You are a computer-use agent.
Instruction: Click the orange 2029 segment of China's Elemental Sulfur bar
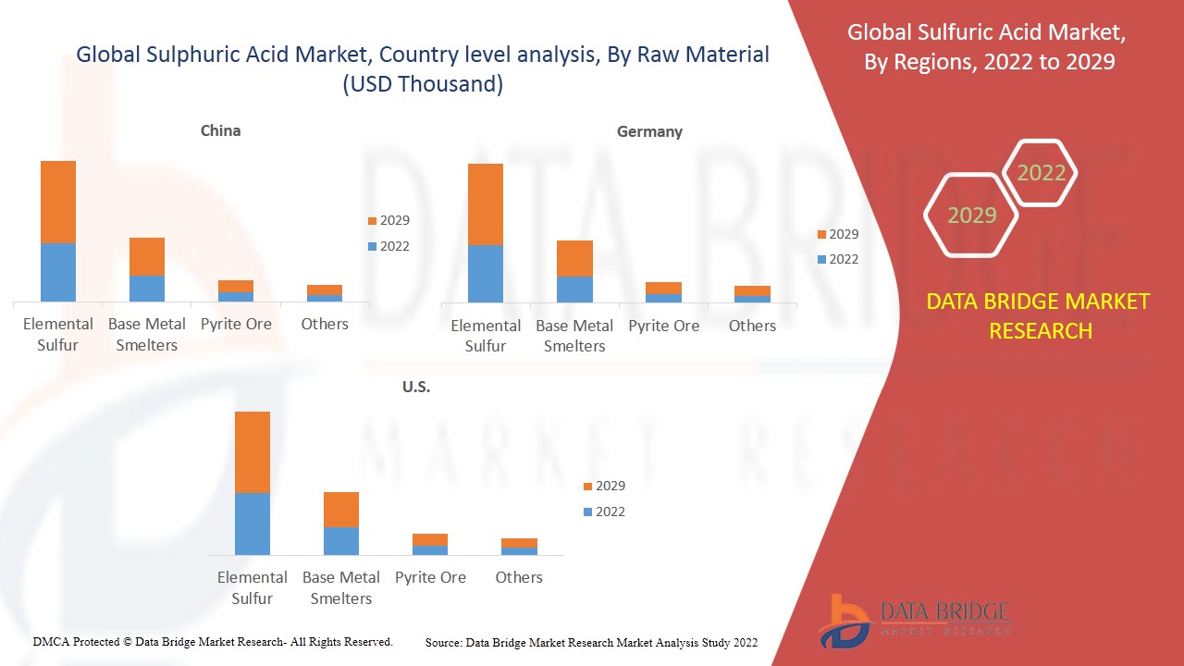pyautogui.click(x=58, y=202)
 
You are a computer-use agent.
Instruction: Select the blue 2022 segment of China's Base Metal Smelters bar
pyautogui.click(x=147, y=289)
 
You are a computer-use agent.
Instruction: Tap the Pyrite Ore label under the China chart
pyautogui.click(x=236, y=324)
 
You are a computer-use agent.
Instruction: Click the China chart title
pyautogui.click(x=220, y=130)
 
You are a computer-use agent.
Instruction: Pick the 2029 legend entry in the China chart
pyautogui.click(x=388, y=220)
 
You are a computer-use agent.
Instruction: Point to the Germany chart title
pyautogui.click(x=649, y=131)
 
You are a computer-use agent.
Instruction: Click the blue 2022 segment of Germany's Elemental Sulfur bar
pyautogui.click(x=486, y=274)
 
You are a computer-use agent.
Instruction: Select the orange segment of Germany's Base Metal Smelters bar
pyautogui.click(x=574, y=258)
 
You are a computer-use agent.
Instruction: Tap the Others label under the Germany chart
pyautogui.click(x=752, y=326)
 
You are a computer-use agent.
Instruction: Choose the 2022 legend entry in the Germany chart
pyautogui.click(x=837, y=259)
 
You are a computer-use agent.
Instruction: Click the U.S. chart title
pyautogui.click(x=416, y=387)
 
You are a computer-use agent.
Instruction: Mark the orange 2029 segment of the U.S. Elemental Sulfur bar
pyautogui.click(x=253, y=452)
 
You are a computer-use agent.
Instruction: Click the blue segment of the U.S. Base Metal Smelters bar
pyautogui.click(x=341, y=541)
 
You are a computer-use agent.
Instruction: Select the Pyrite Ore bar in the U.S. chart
pyautogui.click(x=430, y=544)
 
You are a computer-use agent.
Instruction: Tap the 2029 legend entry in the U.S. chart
pyautogui.click(x=603, y=486)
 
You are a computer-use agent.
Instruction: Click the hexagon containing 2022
pyautogui.click(x=1041, y=173)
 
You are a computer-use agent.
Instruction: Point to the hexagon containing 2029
pyautogui.click(x=971, y=216)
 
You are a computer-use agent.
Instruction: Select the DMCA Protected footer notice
pyautogui.click(x=213, y=641)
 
